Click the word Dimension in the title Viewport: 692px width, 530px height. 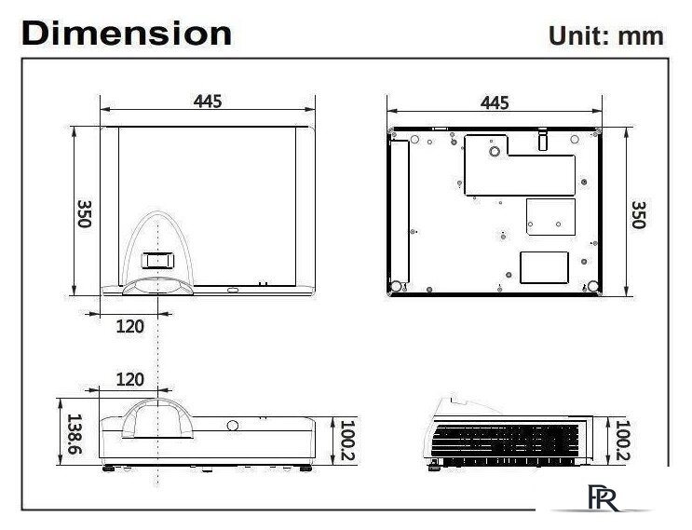pos(127,34)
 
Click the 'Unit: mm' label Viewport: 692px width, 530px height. pos(605,35)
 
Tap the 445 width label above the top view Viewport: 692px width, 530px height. pos(208,102)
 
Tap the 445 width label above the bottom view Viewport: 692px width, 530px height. pos(495,102)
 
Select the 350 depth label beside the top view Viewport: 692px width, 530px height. pos(84,213)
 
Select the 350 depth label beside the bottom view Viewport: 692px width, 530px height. pos(638,214)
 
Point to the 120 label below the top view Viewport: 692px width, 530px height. pos(129,327)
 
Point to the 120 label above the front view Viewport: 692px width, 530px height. pos(129,379)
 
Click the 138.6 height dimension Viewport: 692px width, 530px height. pos(74,434)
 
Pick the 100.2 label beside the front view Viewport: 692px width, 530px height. pos(347,440)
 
